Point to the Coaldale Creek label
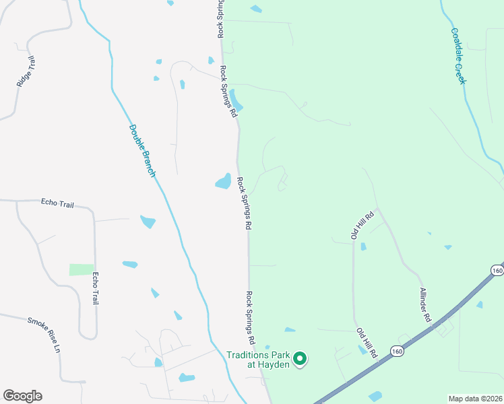point(459,56)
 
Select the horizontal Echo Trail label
point(57,202)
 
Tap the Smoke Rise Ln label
point(44,335)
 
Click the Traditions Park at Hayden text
point(258,360)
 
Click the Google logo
point(22,396)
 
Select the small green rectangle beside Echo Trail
point(82,269)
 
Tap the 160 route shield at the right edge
point(497,270)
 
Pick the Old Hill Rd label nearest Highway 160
point(369,342)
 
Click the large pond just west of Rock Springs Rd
point(223,181)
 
